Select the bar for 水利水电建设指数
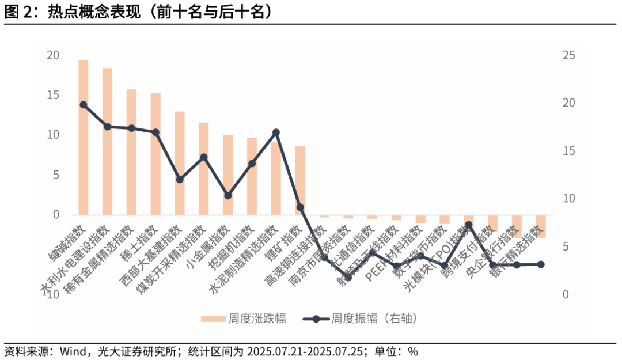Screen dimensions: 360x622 coord(108,141)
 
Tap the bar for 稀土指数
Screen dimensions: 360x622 coord(155,154)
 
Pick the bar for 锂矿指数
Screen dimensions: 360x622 coord(300,180)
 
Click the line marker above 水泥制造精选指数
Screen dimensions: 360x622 coord(276,132)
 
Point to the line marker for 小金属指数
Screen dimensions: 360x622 coord(227,196)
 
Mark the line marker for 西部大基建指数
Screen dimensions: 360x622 coord(180,180)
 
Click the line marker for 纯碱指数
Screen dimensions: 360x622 coord(84,105)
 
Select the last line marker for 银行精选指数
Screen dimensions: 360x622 coord(541,264)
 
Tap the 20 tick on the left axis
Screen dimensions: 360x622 coord(53,56)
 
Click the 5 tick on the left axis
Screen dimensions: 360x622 coord(56,175)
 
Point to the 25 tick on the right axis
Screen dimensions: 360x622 coord(569,56)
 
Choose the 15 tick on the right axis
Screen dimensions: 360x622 coord(569,151)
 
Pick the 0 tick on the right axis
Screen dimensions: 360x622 coord(566,294)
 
